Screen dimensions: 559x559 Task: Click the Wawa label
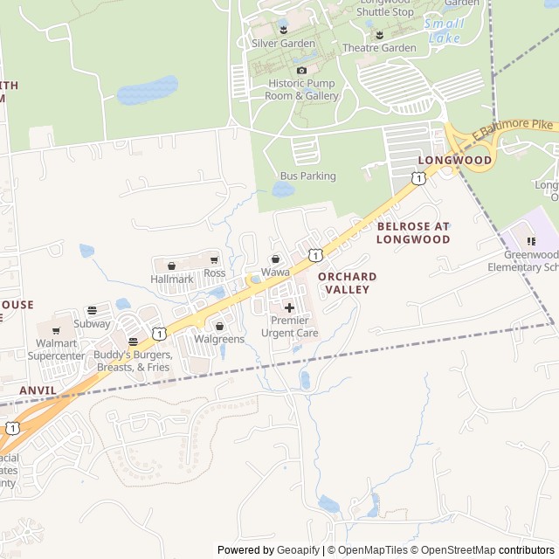coord(275,273)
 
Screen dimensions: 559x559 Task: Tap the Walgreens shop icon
coord(219,326)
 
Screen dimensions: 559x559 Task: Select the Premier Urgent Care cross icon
coord(289,307)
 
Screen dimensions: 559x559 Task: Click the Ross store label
coord(214,273)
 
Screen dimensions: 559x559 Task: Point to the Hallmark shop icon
coord(171,266)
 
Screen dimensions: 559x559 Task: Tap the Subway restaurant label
coord(92,323)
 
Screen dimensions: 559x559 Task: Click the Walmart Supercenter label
coord(56,349)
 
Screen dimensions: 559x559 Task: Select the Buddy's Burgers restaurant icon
coord(133,342)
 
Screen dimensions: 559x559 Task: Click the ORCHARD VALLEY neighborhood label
coord(347,282)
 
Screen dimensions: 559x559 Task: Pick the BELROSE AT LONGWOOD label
coord(413,232)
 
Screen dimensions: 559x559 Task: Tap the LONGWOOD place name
coord(454,161)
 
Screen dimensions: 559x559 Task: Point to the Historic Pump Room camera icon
coord(301,70)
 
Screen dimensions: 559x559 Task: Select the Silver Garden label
coord(283,43)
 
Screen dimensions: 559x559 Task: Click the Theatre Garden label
coord(379,48)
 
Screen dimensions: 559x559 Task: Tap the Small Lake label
coord(445,31)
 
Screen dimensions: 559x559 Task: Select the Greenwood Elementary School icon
coord(530,241)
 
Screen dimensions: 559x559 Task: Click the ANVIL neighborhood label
coord(37,390)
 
